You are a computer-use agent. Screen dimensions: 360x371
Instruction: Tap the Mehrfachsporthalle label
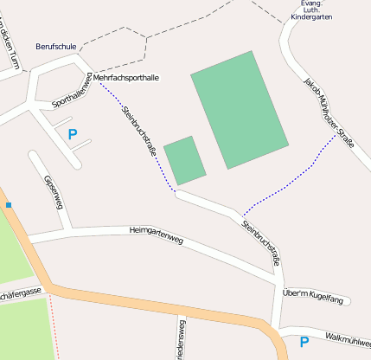click(126, 78)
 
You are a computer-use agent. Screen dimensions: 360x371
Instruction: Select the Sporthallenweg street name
click(72, 92)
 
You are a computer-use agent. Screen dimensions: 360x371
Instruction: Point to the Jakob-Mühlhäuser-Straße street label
click(329, 113)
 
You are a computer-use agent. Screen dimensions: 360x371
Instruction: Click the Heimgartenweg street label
click(156, 231)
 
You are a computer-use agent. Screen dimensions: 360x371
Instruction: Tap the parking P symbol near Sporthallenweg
click(72, 134)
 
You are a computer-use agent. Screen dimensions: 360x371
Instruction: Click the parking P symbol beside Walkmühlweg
click(304, 342)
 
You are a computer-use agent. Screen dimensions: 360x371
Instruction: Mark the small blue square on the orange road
click(9, 205)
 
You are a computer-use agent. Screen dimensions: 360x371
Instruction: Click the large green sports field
click(239, 109)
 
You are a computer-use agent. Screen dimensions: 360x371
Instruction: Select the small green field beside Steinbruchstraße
click(184, 160)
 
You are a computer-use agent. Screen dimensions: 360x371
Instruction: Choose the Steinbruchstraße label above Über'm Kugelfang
click(262, 243)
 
